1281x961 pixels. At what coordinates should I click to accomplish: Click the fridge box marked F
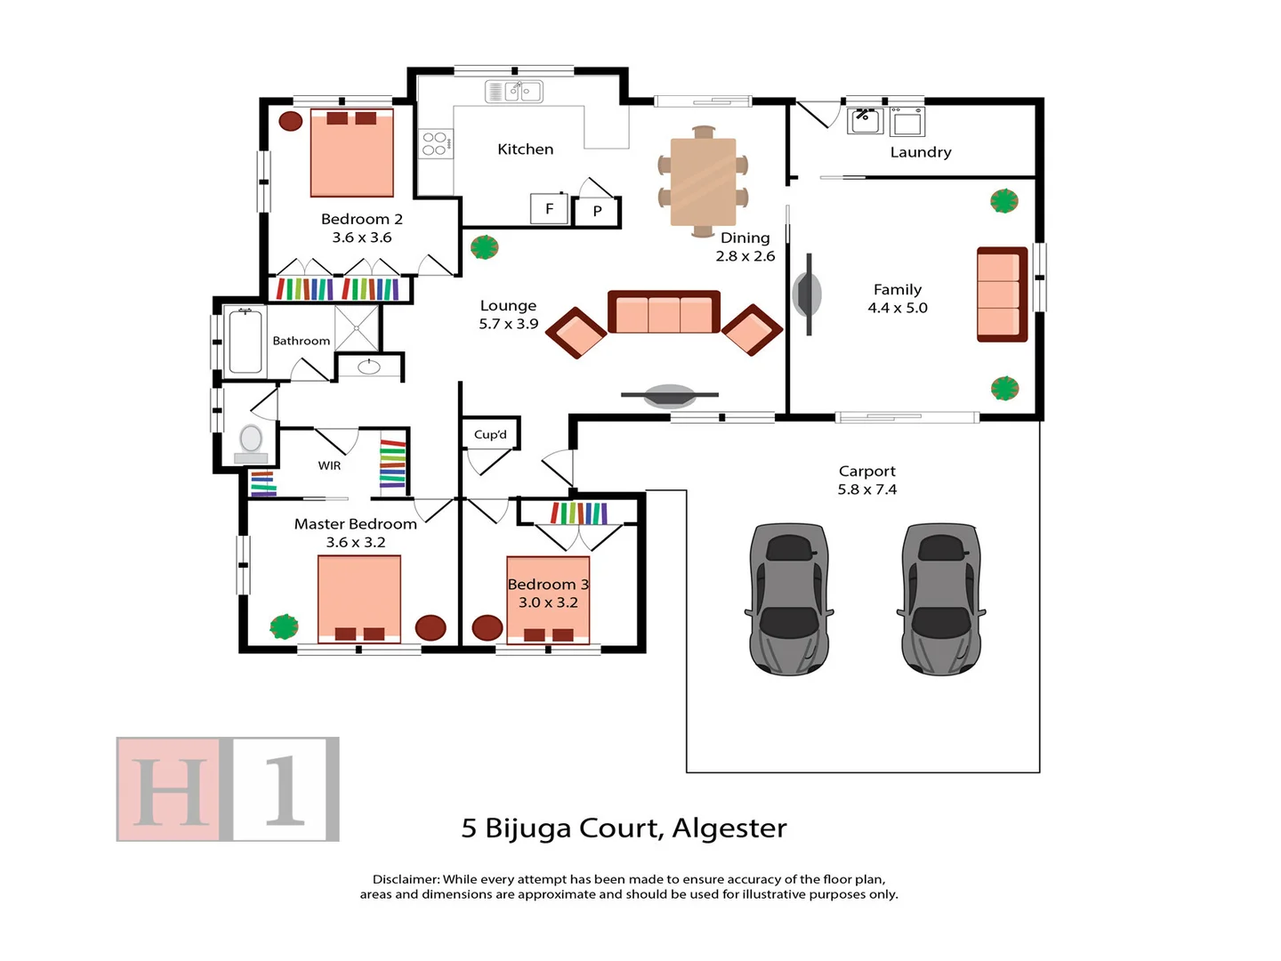pos(549,209)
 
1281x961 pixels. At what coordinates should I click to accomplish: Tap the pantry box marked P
pos(597,212)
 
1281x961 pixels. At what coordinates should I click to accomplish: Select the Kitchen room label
pos(525,149)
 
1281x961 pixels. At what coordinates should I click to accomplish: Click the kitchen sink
pos(514,91)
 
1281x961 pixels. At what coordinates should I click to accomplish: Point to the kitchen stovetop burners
pos(435,144)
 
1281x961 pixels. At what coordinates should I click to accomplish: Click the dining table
pos(703,182)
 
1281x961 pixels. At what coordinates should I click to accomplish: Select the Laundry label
pos(921,152)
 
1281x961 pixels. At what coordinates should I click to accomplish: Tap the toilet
pos(251,440)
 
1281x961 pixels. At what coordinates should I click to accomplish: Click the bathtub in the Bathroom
pos(246,341)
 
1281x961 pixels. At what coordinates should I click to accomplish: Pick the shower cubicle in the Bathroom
pos(357,327)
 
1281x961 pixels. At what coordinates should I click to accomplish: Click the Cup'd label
pos(490,434)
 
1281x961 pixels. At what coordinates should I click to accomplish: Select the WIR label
pos(329,465)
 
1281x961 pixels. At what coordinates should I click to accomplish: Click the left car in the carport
pos(789,598)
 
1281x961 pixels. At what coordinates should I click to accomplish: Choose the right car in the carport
pos(941,598)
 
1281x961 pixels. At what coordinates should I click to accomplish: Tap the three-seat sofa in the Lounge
pos(664,312)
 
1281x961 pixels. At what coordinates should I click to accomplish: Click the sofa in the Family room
pos(1002,295)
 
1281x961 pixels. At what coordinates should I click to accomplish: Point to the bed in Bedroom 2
pos(352,153)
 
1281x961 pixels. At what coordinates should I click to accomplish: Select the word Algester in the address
pos(729,828)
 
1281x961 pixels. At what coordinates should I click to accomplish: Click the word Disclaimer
pos(406,879)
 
